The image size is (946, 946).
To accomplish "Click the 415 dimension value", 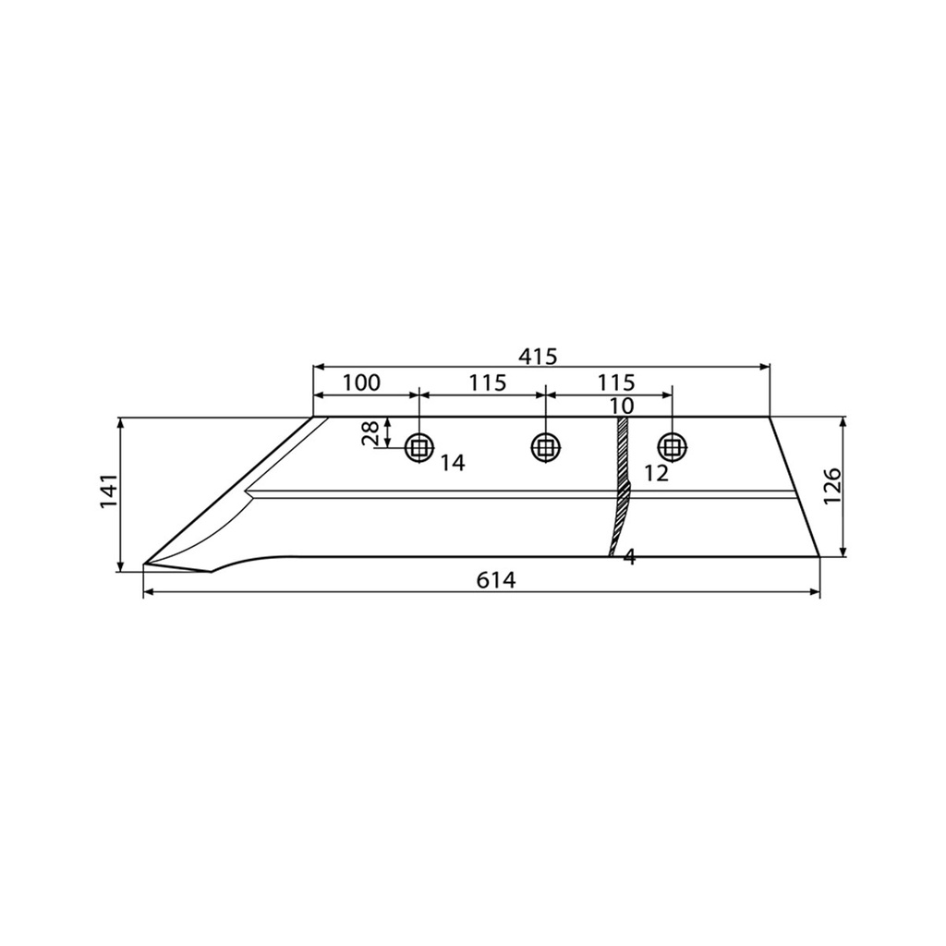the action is click(538, 358).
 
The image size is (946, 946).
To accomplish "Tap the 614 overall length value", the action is click(496, 580).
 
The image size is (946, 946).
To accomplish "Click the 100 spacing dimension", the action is click(362, 382).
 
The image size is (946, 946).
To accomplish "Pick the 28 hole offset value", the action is click(370, 433).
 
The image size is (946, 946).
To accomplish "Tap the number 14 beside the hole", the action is click(453, 464).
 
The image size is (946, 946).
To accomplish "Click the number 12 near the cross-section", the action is click(657, 474).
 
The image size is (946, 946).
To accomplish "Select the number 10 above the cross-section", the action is click(621, 406).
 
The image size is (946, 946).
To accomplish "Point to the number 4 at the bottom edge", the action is click(629, 558).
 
